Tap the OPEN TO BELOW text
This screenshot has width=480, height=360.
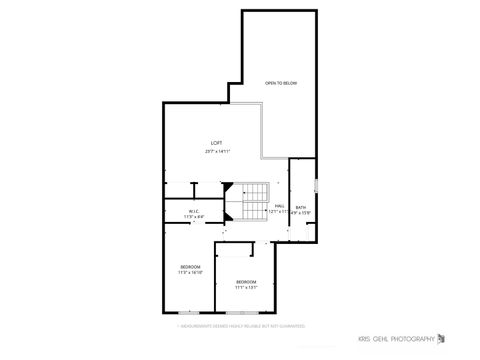pyautogui.click(x=281, y=83)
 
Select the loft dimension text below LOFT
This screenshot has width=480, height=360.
pyautogui.click(x=216, y=151)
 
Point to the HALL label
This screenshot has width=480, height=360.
pyautogui.click(x=279, y=206)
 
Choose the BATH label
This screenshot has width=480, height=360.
pyautogui.click(x=301, y=207)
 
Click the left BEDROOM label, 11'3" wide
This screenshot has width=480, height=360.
pyautogui.click(x=190, y=266)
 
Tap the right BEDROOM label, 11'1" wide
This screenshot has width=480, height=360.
pyautogui.click(x=246, y=282)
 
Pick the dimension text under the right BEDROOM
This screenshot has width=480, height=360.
pyautogui.click(x=246, y=288)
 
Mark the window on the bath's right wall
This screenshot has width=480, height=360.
pyautogui.click(x=316, y=185)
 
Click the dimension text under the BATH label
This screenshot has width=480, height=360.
pyautogui.click(x=301, y=213)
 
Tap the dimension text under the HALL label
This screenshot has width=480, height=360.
pyautogui.click(x=279, y=212)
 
